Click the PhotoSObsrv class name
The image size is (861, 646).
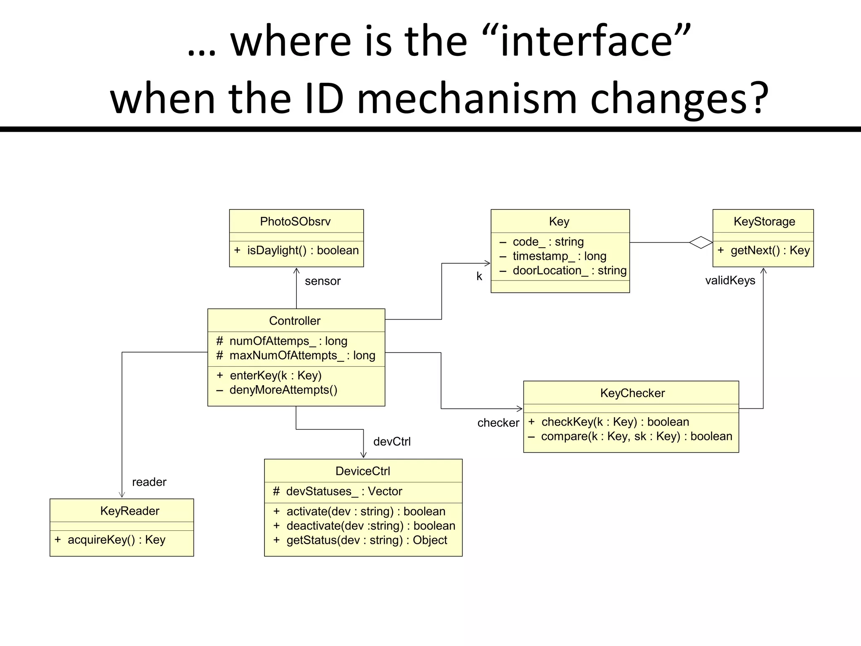point(295,221)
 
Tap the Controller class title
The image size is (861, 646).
point(295,321)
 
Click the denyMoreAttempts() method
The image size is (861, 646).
point(283,390)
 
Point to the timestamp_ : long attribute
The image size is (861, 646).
point(559,256)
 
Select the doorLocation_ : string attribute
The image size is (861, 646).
point(569,270)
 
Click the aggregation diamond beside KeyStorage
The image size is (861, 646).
point(701,243)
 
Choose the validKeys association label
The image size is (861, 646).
point(730,281)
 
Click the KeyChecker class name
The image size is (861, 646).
point(632,393)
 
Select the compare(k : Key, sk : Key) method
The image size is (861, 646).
point(636,437)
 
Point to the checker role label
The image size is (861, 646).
point(498,423)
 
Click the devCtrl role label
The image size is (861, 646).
point(392,442)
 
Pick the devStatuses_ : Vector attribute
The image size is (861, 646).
point(343,491)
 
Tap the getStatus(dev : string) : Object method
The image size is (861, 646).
point(366,540)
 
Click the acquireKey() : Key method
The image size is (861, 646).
point(116,540)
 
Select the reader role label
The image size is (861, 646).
point(149,482)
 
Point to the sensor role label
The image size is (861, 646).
point(322,281)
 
